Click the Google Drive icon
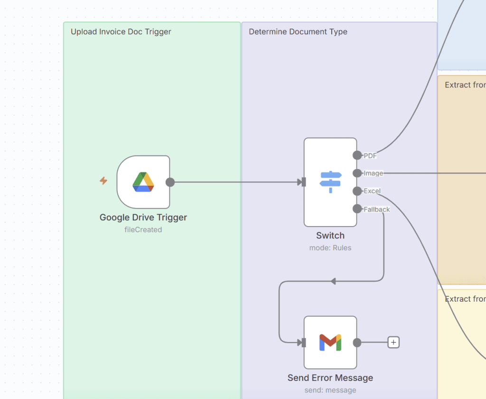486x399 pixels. (143, 182)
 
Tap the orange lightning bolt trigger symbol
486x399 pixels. (103, 180)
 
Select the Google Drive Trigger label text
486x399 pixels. (143, 218)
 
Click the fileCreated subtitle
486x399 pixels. (143, 230)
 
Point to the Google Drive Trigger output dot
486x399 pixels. (170, 182)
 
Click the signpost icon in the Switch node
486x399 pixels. (330, 182)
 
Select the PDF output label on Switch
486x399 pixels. (370, 155)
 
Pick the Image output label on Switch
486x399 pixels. (373, 173)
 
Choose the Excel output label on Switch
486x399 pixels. (372, 191)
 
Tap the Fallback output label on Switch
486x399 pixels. (377, 209)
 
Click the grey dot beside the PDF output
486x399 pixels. (357, 155)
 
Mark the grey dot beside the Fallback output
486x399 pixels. (357, 209)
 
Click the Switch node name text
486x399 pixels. (330, 236)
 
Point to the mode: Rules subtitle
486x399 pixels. (330, 248)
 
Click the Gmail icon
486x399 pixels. (330, 342)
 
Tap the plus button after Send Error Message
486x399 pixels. (393, 342)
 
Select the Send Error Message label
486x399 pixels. (330, 378)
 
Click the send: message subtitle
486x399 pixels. (330, 390)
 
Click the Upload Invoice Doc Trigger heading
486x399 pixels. (121, 32)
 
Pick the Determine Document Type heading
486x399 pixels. (298, 32)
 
